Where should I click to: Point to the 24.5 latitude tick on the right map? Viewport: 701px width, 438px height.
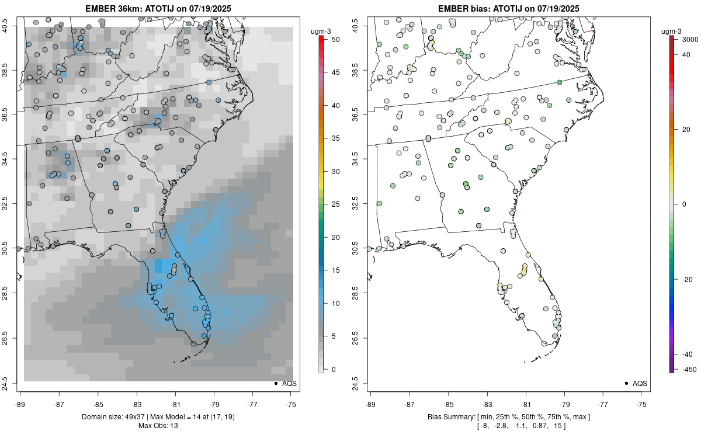coord(363,383)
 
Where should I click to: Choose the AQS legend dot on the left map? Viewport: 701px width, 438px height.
coord(275,383)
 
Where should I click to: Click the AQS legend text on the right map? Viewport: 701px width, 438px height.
coord(640,383)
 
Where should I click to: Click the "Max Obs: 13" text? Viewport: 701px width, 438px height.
coord(158,425)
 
